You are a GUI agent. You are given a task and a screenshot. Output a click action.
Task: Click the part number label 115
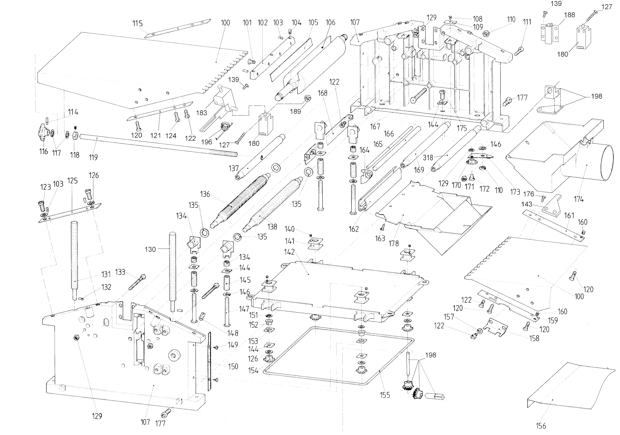[x=137, y=23]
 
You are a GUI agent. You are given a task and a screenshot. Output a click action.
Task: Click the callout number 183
[x=202, y=113]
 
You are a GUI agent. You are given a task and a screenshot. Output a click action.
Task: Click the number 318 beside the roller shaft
[x=428, y=157]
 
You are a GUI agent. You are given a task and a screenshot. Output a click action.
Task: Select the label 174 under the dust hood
[x=579, y=199]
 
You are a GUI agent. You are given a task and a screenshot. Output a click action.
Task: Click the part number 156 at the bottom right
[x=541, y=426]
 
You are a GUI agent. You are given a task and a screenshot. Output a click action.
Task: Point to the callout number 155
[x=385, y=395]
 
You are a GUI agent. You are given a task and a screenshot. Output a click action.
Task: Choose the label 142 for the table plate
[x=289, y=252]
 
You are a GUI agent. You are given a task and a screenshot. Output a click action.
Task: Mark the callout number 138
[x=272, y=227]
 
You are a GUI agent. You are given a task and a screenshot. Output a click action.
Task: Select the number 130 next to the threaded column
[x=150, y=249]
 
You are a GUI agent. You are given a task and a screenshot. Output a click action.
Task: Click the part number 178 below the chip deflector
[x=393, y=244]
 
